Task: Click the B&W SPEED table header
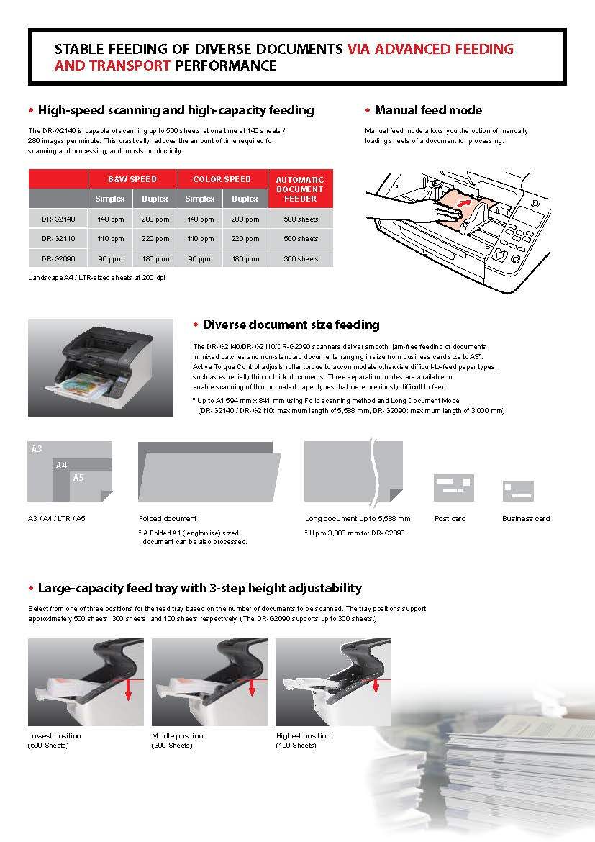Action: [132, 179]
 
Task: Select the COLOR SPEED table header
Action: [222, 179]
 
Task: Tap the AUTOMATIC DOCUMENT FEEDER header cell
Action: [300, 189]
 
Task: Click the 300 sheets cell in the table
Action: [300, 258]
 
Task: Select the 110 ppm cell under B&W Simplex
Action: [110, 238]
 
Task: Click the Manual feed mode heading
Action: [428, 110]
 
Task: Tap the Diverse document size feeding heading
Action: [291, 325]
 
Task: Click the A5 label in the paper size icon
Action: [78, 477]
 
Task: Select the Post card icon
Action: [453, 488]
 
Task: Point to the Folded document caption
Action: [168, 518]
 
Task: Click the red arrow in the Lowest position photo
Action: [127, 689]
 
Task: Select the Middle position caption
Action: [178, 736]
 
